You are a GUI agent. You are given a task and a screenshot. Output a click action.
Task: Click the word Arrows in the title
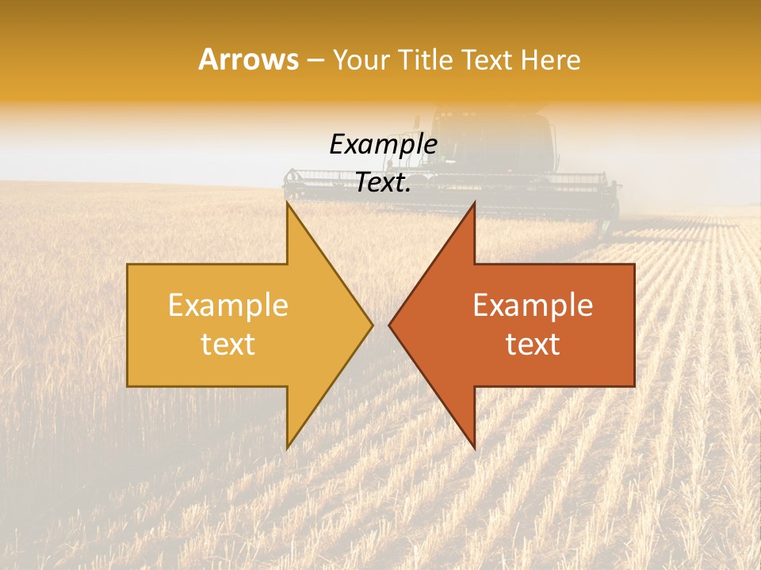tap(247, 59)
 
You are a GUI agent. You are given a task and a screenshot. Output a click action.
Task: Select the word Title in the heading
tap(425, 59)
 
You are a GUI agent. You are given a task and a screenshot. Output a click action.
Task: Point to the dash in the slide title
tap(315, 60)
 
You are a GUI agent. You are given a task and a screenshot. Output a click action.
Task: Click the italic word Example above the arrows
tap(383, 144)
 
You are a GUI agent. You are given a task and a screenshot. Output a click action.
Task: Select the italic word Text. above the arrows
tap(383, 183)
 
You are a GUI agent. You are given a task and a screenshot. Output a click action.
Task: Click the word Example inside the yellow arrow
tap(228, 306)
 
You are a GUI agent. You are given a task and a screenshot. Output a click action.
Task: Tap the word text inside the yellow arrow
tap(228, 344)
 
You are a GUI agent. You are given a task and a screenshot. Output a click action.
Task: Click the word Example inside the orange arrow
tap(533, 306)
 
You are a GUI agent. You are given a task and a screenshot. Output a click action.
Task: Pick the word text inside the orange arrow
tap(533, 344)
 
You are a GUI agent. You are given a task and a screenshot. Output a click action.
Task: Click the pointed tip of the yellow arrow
tap(372, 325)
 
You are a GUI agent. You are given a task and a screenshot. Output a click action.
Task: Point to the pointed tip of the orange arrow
tap(389, 325)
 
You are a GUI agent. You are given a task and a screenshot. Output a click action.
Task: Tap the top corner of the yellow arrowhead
tap(288, 203)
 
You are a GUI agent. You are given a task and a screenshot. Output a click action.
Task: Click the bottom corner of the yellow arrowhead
tap(288, 447)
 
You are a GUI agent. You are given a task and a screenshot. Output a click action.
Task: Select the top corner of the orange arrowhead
tap(474, 203)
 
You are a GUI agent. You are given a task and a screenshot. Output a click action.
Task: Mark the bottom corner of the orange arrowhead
tap(474, 447)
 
